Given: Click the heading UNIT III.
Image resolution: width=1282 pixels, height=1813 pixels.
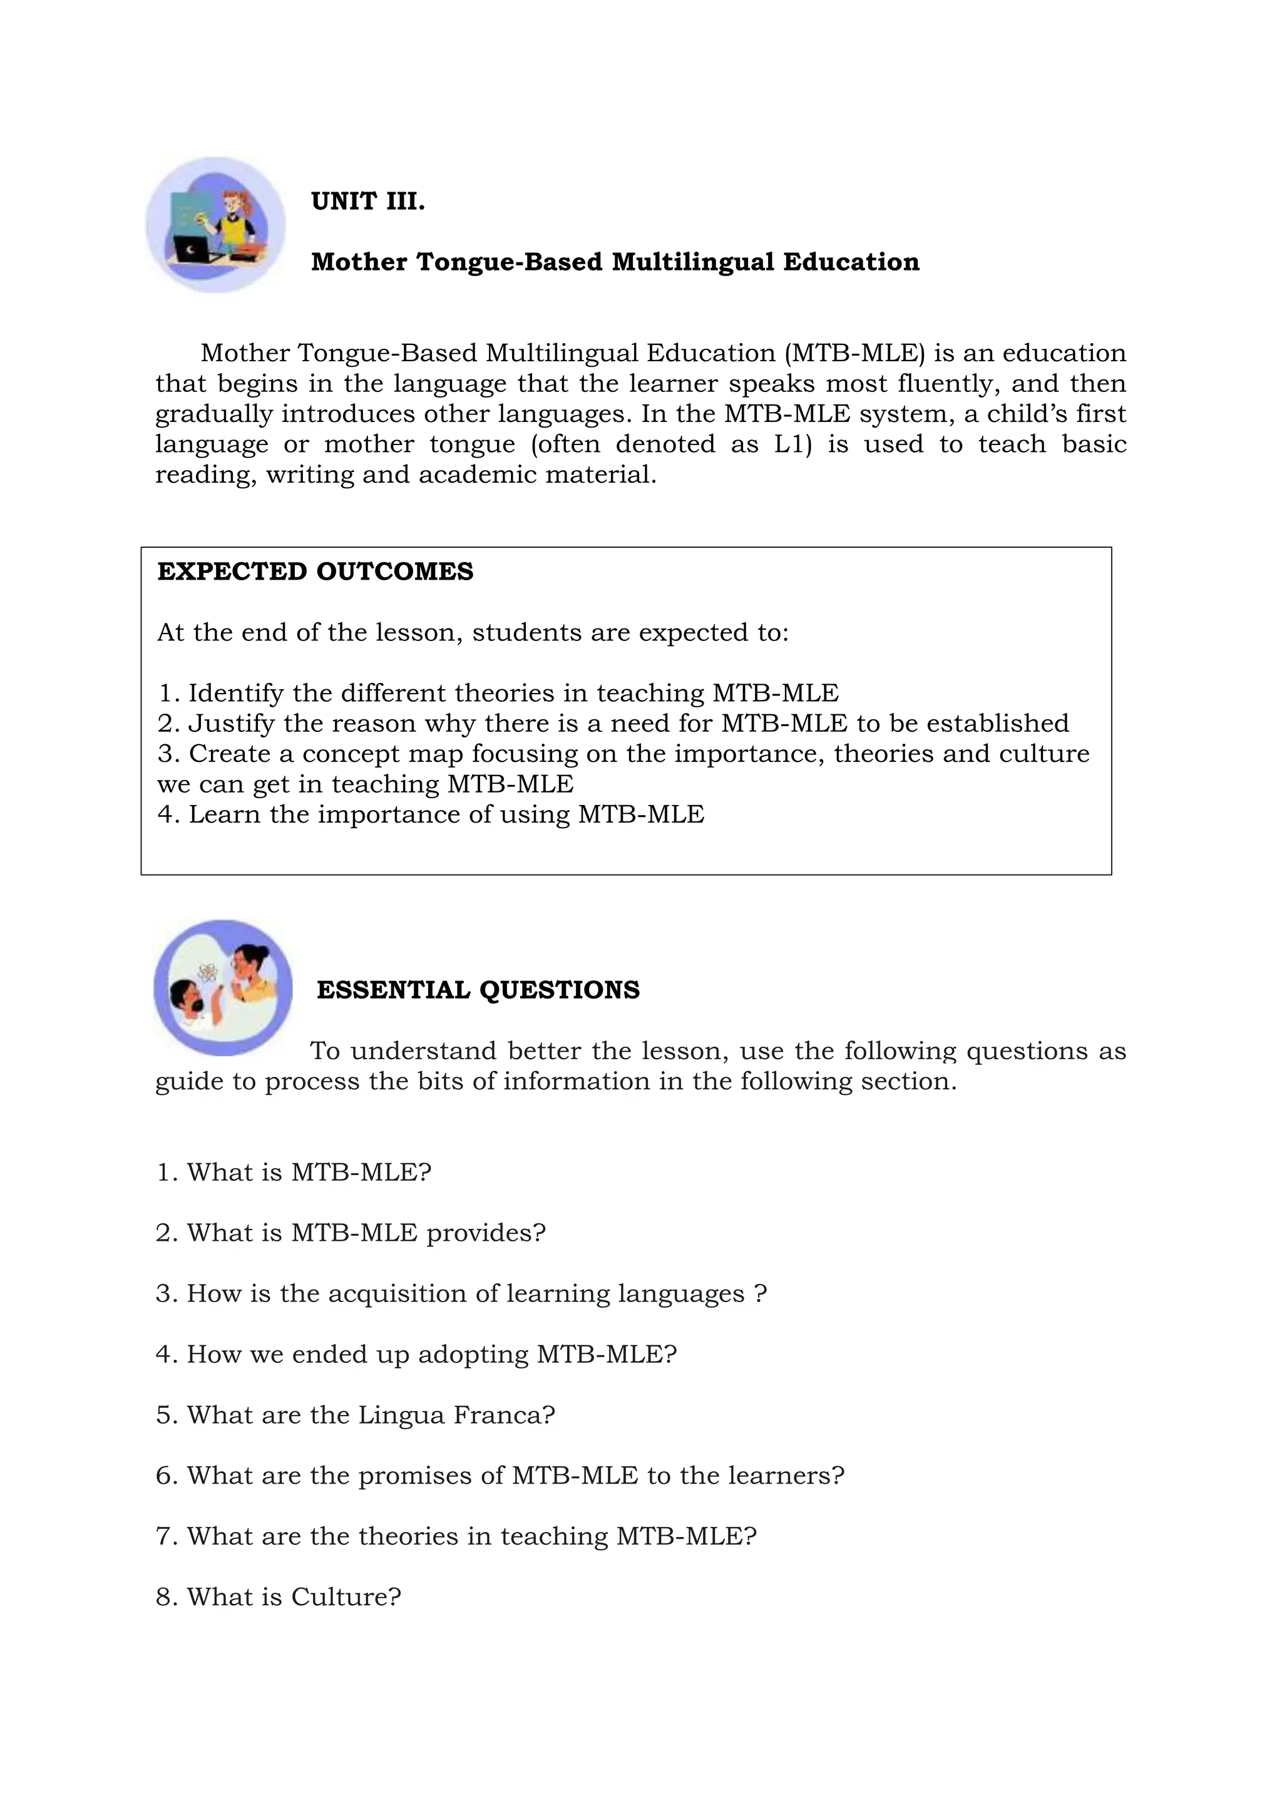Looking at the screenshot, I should pyautogui.click(x=368, y=202).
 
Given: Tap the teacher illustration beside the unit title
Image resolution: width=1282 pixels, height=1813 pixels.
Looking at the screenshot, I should pyautogui.click(x=215, y=225).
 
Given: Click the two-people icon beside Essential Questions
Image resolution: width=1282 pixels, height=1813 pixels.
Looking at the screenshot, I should pyautogui.click(x=223, y=987).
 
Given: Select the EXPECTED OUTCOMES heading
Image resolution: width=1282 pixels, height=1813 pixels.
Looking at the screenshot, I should pyautogui.click(x=315, y=571).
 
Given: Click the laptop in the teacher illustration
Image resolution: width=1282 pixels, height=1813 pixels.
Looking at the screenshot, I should pyautogui.click(x=193, y=252).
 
